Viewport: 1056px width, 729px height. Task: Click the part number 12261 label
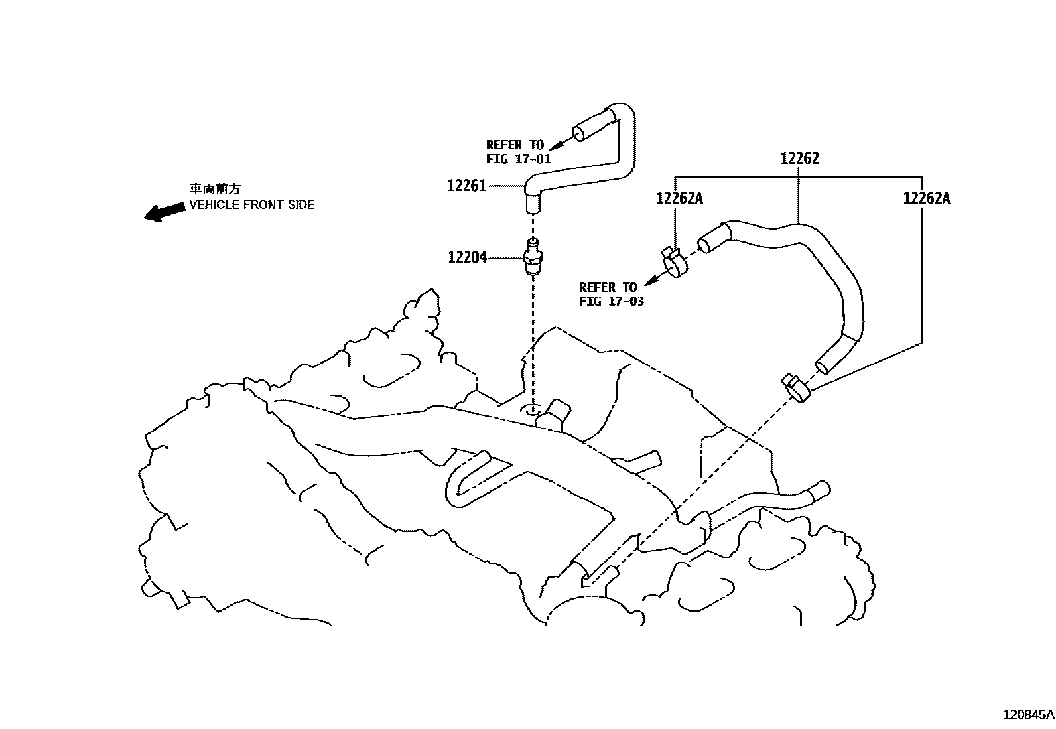467,186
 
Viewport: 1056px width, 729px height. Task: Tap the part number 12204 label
467,257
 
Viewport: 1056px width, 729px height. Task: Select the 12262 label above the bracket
799,159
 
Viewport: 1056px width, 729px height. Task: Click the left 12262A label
679,198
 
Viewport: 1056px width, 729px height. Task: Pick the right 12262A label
926,198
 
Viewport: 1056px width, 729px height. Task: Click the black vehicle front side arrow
165,212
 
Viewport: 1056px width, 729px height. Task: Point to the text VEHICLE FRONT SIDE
251,205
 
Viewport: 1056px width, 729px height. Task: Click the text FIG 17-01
518,159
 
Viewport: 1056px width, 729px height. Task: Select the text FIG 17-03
611,302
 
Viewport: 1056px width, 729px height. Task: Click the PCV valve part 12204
532,259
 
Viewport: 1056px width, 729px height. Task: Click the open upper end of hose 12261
580,133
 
